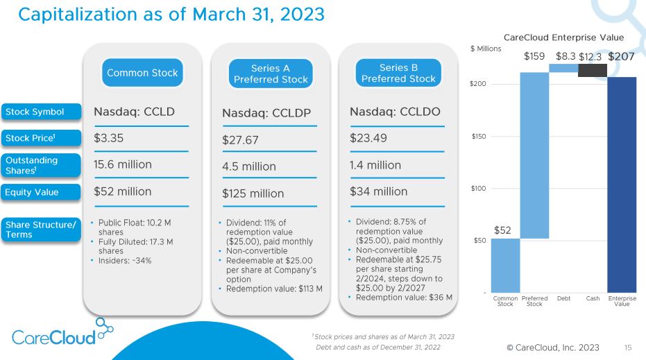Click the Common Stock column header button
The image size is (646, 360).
(142, 73)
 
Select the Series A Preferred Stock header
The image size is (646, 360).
(271, 74)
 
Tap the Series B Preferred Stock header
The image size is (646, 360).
(398, 73)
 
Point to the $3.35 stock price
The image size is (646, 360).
(109, 138)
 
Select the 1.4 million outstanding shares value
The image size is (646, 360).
(375, 165)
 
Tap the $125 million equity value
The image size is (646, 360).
(253, 194)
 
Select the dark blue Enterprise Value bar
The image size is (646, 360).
(622, 184)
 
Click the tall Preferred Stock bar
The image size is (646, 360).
(534, 155)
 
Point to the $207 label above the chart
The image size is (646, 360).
(622, 56)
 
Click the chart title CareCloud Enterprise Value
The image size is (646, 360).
(563, 37)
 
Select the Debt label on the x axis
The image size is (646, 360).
(563, 298)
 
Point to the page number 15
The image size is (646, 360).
(628, 347)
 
